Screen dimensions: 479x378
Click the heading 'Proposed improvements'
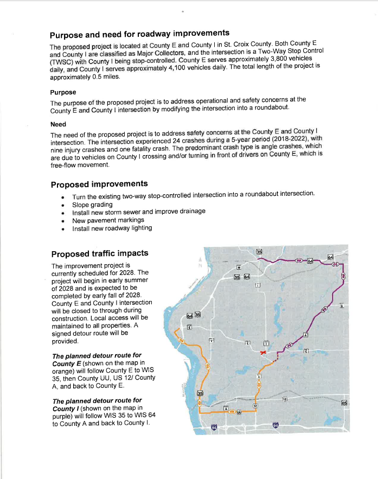pyautogui.click(x=99, y=184)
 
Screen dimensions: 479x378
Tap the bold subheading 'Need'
pyautogui.click(x=58, y=124)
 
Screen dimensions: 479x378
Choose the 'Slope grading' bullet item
pyautogui.click(x=92, y=204)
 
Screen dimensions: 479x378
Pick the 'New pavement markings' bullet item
pyautogui.click(x=108, y=220)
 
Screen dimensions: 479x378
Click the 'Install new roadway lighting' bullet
pyautogui.click(x=112, y=228)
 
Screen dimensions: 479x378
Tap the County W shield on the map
pyautogui.click(x=239, y=267)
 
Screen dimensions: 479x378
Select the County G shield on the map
pyautogui.click(x=340, y=305)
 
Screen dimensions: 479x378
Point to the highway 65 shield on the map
pyautogui.click(x=344, y=403)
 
